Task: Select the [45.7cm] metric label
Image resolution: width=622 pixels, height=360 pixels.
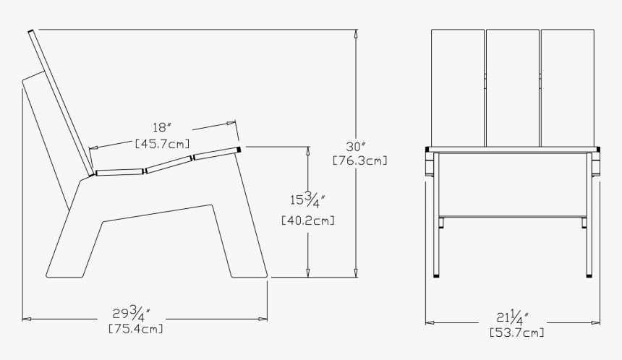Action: click(163, 143)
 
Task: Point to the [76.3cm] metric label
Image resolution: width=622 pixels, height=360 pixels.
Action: click(359, 160)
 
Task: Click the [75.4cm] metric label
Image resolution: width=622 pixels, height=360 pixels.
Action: click(135, 329)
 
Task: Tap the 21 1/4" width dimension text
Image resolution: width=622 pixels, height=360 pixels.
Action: click(513, 319)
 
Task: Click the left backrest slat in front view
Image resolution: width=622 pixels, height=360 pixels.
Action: click(457, 87)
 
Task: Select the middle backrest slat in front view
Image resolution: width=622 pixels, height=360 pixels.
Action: click(513, 87)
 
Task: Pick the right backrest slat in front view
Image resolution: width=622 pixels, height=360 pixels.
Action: click(568, 87)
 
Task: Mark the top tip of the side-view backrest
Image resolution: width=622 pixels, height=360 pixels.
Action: click(31, 32)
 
